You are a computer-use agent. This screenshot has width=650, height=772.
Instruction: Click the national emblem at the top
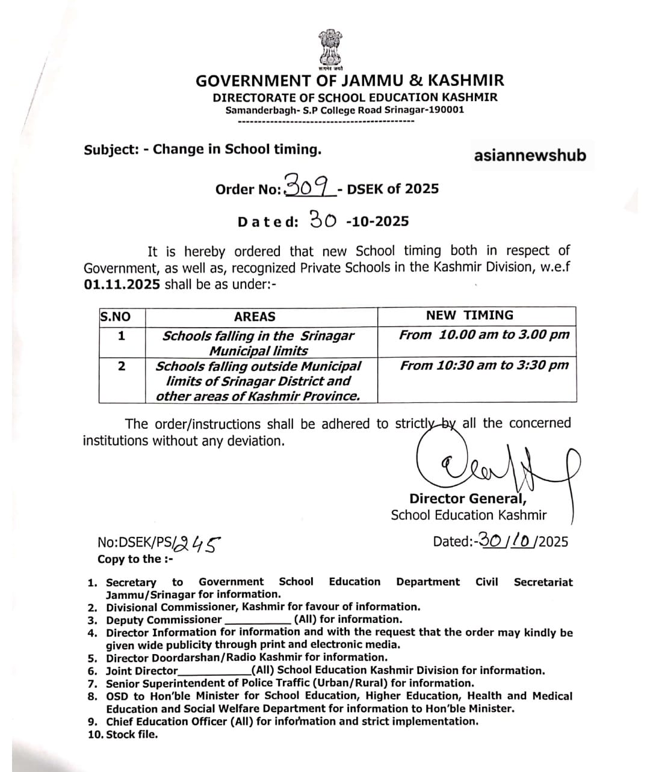[330, 49]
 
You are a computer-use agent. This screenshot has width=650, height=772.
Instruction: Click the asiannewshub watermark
[530, 155]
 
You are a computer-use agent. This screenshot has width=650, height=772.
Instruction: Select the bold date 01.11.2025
[122, 284]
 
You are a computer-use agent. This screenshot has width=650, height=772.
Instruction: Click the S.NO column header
[115, 317]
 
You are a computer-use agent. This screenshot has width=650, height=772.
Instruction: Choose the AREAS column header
[255, 317]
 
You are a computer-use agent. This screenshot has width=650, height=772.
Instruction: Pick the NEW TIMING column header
[469, 315]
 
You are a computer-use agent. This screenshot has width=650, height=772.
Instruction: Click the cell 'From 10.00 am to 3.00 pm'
[484, 335]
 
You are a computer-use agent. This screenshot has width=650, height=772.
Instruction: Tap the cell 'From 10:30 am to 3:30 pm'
[484, 365]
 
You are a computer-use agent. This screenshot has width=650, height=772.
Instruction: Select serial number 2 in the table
[122, 366]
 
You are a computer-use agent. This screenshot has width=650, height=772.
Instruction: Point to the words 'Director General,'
[468, 498]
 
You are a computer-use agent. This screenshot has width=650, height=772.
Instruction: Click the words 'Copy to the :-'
[135, 559]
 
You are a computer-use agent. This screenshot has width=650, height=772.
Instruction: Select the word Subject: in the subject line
[111, 150]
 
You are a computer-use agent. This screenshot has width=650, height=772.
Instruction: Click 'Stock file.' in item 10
[132, 734]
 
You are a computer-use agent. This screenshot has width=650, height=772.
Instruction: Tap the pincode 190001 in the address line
[445, 110]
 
